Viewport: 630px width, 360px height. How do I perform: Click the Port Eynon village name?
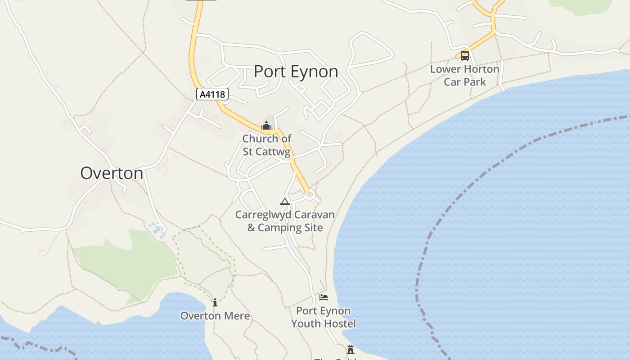coord(296,72)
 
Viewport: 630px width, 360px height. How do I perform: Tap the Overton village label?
coord(112,173)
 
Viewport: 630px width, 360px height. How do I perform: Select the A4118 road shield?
coord(212,94)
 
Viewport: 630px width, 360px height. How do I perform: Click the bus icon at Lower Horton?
coord(465,56)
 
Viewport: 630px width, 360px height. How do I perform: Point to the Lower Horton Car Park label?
coord(465,76)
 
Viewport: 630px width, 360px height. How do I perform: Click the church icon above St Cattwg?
coord(266,126)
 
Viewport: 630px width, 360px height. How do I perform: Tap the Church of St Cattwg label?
coord(267,145)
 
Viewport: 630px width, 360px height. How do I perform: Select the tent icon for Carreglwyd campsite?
coord(284,202)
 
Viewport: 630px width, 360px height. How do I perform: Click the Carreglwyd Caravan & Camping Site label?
coord(285,221)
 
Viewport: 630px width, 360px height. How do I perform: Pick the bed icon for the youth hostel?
coord(323,297)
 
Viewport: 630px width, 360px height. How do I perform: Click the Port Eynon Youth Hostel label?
coord(323,317)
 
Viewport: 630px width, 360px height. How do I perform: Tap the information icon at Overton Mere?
coord(215,302)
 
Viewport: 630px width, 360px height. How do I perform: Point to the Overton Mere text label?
coord(215,316)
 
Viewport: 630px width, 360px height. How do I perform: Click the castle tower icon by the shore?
coord(350,350)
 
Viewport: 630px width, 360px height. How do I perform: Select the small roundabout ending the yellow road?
coord(310,195)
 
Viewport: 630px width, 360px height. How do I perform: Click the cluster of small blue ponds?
coord(157,229)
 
